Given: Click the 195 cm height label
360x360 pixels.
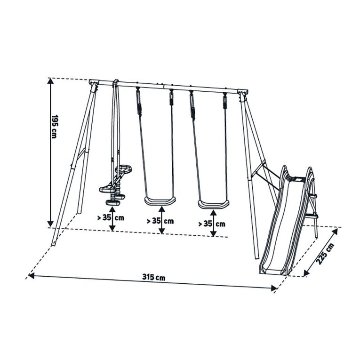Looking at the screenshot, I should (x=55, y=127).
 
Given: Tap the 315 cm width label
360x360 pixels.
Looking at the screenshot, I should (x=153, y=278).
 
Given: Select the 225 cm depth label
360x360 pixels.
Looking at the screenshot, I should (x=323, y=255).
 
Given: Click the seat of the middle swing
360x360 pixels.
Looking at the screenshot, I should (x=160, y=201).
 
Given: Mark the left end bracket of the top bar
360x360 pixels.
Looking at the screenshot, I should (x=94, y=86).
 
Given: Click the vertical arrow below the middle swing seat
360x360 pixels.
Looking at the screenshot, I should (x=162, y=221).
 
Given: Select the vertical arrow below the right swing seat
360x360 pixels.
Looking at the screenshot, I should (x=213, y=224).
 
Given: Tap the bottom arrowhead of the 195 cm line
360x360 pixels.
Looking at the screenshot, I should (x=50, y=224).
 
